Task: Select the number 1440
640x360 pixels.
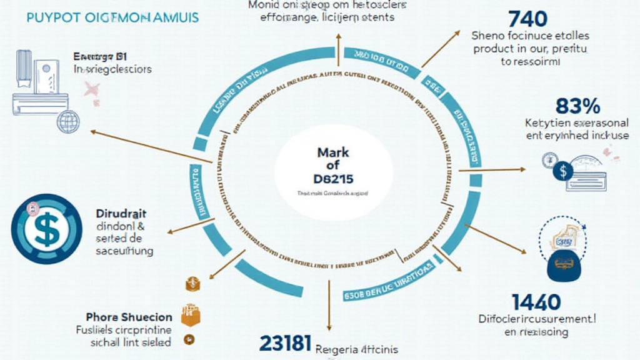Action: pyautogui.click(x=536, y=302)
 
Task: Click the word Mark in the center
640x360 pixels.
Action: pyautogui.click(x=333, y=152)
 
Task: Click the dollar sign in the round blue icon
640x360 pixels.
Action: pyautogui.click(x=46, y=228)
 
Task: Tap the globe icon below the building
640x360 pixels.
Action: pyautogui.click(x=68, y=121)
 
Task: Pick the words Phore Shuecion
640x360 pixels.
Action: pyautogui.click(x=129, y=316)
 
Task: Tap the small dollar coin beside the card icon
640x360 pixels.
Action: pyautogui.click(x=564, y=171)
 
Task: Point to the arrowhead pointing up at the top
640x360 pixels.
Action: pyautogui.click(x=337, y=37)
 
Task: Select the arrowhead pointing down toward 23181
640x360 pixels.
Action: pyautogui.click(x=329, y=326)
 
